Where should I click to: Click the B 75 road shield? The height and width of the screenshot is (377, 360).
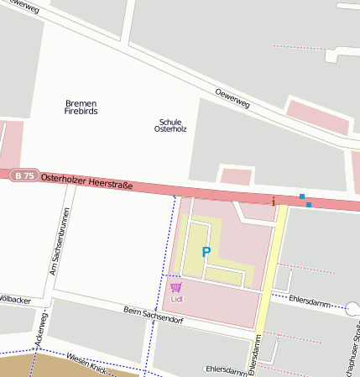(x=24, y=175)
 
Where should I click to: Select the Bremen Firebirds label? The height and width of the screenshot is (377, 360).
(x=81, y=107)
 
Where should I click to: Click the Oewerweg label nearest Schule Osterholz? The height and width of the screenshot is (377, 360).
(x=232, y=97)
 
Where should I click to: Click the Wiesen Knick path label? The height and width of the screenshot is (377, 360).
(x=87, y=363)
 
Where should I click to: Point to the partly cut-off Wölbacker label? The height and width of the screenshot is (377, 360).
(x=15, y=299)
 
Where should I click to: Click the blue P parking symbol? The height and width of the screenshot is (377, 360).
(x=206, y=251)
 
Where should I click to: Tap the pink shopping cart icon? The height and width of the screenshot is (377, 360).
(x=175, y=287)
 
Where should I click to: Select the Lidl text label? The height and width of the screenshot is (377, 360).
(x=176, y=298)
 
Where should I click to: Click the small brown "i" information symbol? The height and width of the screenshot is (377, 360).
(x=273, y=202)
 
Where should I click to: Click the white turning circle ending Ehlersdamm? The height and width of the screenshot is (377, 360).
(x=352, y=308)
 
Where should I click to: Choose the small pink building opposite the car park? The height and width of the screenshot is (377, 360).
(x=236, y=177)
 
